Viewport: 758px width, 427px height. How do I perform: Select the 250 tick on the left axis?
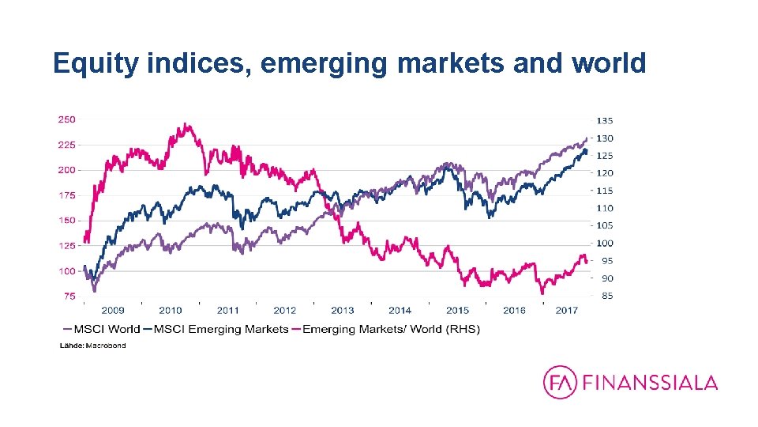tap(66, 119)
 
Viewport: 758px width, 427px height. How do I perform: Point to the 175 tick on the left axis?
tap(66, 195)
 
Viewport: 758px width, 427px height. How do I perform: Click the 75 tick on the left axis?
tap(69, 297)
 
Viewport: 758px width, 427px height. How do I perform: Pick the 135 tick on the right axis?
tap(604, 121)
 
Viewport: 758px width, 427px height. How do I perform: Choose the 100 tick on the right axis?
tap(604, 244)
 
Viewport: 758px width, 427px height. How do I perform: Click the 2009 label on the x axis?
tap(112, 311)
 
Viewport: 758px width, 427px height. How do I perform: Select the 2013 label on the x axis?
tap(342, 311)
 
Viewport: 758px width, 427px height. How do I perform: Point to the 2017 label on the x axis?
tap(567, 311)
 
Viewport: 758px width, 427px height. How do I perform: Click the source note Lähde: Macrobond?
tap(93, 346)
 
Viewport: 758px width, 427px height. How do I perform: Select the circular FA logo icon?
tap(560, 383)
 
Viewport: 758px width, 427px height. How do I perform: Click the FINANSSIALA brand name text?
tap(650, 384)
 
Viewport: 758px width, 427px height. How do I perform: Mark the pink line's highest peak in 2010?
tap(185, 124)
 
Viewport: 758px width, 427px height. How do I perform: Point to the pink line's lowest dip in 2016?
tap(542, 293)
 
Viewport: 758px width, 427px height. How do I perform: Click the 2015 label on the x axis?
tap(458, 311)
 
